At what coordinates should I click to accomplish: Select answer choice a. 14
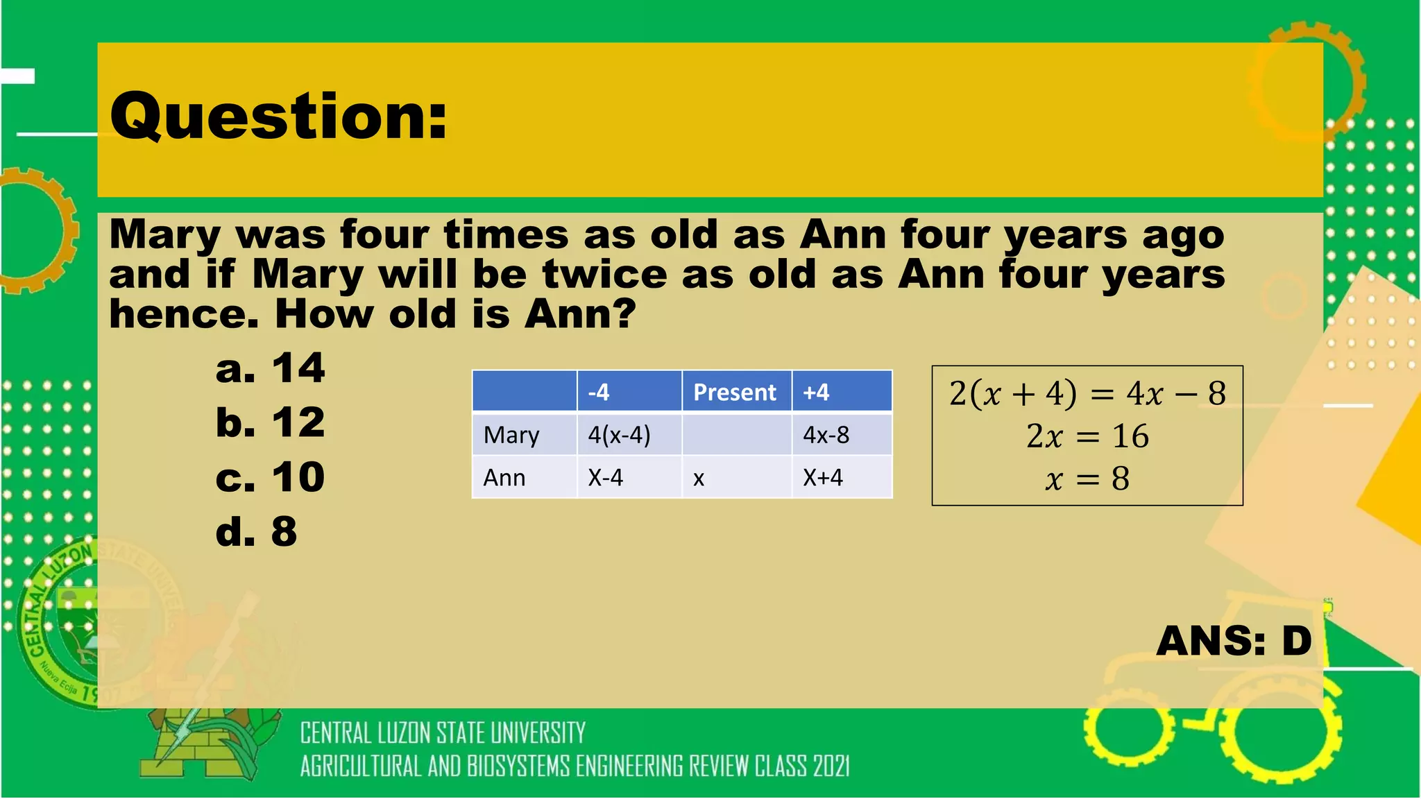270,368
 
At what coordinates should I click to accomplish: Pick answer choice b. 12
270,422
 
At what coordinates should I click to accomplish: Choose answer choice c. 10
270,477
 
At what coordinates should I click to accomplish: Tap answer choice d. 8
256,532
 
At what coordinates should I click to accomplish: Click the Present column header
734,393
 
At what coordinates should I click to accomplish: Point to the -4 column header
599,393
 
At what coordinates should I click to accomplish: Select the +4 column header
816,393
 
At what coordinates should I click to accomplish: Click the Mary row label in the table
511,435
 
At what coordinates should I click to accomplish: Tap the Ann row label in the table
504,478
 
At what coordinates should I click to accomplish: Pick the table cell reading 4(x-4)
619,435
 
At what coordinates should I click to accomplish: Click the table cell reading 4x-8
826,435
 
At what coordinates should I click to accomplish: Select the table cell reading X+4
823,478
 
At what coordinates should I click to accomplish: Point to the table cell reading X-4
606,478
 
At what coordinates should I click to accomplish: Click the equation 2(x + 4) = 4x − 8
1087,393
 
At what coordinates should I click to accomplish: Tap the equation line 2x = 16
1087,436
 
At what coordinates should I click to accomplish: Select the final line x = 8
1087,479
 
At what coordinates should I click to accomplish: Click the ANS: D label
1234,640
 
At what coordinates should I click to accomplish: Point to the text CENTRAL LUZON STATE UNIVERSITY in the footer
443,733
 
